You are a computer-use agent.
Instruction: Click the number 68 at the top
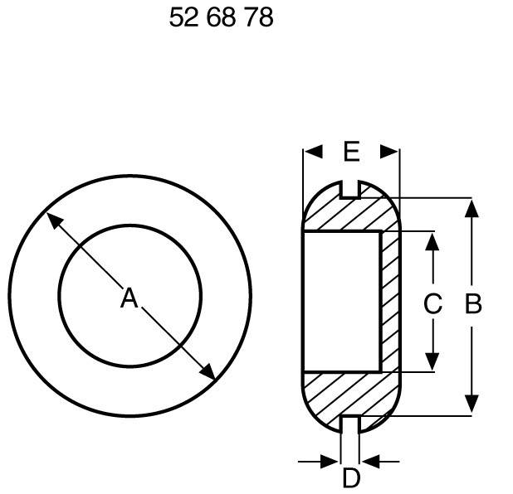pos(221,17)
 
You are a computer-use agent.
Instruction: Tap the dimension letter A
pos(129,298)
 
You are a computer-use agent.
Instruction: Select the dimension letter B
pos(472,305)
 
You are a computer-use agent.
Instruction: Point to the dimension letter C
pos(432,305)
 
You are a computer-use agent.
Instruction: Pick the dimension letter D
pos(351,478)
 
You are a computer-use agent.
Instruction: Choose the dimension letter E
pos(351,152)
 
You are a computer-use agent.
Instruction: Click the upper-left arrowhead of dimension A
pos(52,220)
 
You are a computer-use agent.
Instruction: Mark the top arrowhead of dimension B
pos(471,206)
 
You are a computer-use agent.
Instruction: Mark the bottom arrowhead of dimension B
pos(471,404)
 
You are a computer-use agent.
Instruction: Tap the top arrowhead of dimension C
pos(432,240)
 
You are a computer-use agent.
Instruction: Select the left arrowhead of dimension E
pos(312,152)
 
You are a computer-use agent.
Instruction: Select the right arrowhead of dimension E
pos(390,152)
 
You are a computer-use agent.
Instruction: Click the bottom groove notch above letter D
pos(350,424)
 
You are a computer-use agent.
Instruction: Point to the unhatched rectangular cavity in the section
pos(340,302)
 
